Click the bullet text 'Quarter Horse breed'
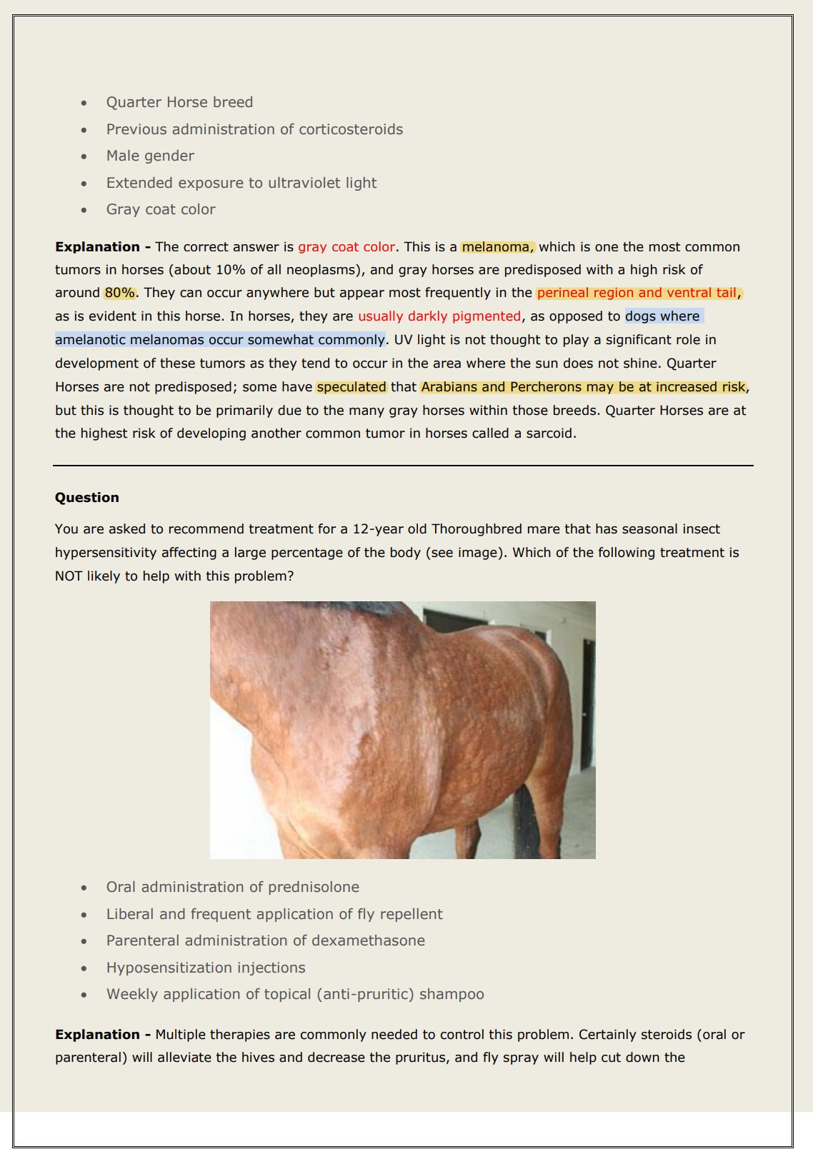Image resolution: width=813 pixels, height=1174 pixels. click(x=179, y=102)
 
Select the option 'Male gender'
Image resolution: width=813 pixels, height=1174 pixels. click(x=150, y=156)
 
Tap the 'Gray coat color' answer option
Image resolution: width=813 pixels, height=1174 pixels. click(x=161, y=209)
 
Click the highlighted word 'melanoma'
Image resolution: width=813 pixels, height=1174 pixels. click(x=497, y=247)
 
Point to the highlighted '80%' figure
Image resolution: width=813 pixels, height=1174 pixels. click(x=119, y=293)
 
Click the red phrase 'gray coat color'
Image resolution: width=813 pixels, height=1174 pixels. click(x=346, y=247)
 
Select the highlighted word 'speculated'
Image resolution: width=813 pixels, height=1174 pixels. click(x=351, y=387)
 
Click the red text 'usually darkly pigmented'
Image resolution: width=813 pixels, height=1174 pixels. click(x=439, y=316)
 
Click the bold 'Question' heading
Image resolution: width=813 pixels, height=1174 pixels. click(x=87, y=498)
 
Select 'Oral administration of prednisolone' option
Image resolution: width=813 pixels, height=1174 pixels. click(x=232, y=887)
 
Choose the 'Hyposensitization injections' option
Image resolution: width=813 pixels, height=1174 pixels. click(x=206, y=968)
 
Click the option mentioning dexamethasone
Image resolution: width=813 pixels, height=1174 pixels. click(x=265, y=940)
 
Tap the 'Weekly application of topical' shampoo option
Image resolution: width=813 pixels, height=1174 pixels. click(x=295, y=994)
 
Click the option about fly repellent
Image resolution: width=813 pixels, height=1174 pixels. click(x=274, y=914)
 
